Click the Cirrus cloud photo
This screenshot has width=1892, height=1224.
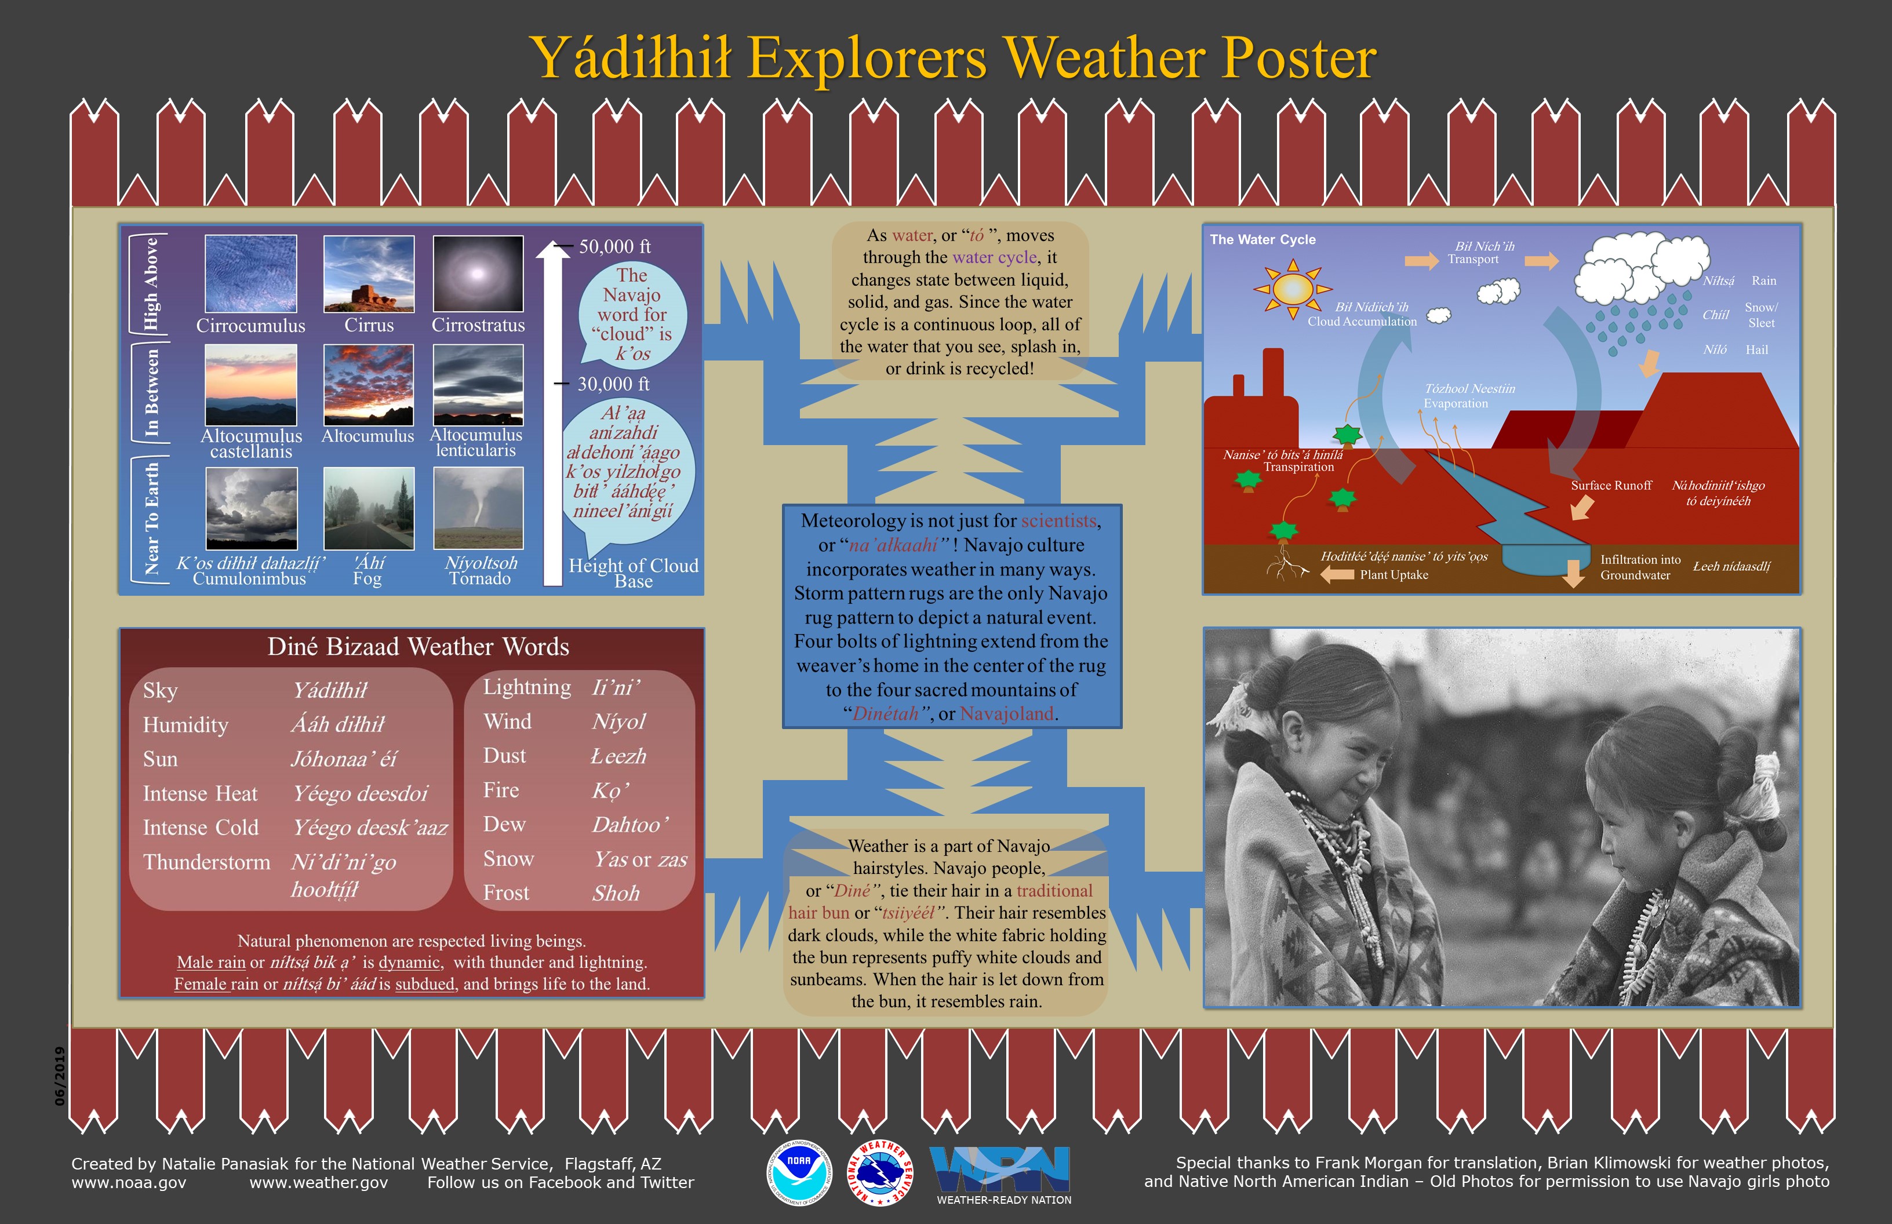369,274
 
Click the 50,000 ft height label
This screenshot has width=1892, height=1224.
614,246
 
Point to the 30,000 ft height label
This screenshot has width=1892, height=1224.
613,384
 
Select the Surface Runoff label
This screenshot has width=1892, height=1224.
1611,486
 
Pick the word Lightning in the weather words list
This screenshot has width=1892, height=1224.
527,687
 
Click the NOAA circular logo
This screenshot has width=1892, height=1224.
799,1174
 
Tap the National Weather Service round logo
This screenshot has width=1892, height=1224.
880,1174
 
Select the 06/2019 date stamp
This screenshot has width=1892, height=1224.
60,1076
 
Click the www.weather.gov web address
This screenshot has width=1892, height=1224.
319,1183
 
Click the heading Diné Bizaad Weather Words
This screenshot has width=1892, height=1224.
418,647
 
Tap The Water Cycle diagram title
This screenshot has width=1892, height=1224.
1262,239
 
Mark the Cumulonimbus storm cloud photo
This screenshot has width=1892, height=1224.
251,508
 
